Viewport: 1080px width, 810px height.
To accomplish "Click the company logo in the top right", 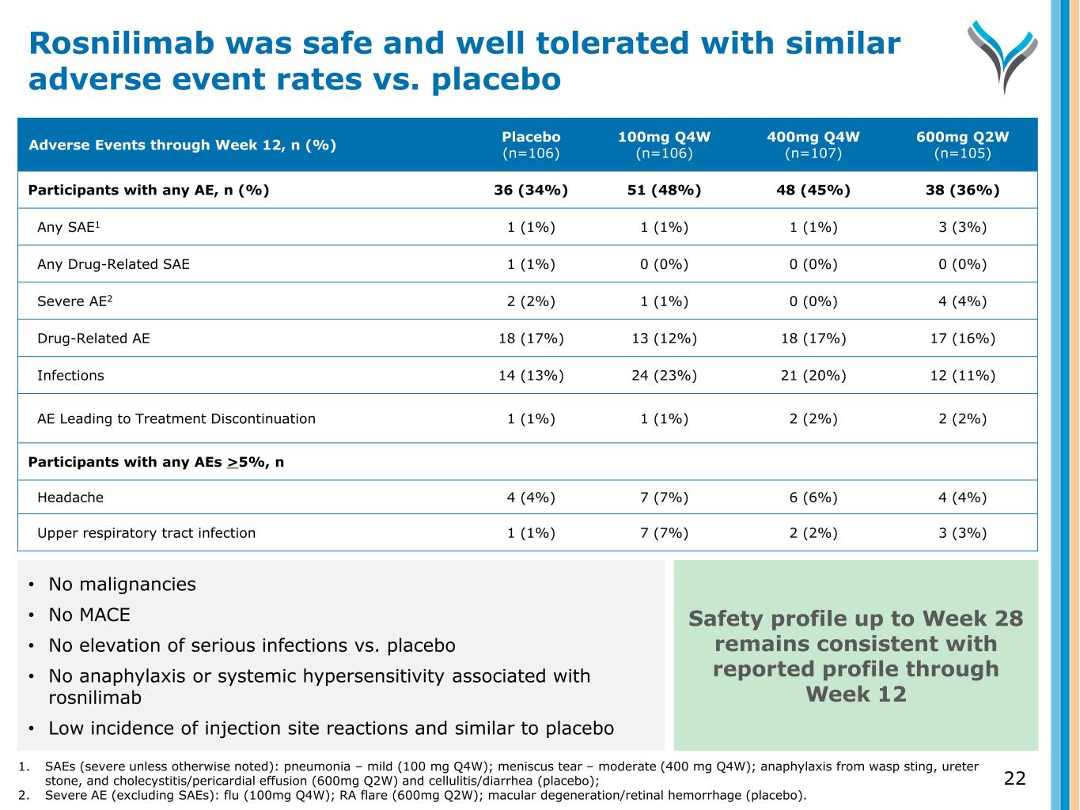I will (1001, 55).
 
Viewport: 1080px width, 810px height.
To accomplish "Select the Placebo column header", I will (531, 145).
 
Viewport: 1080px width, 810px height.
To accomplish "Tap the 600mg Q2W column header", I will (962, 145).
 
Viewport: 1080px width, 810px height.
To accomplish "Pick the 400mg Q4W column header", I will (813, 145).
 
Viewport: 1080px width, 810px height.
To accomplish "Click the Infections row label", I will (70, 376).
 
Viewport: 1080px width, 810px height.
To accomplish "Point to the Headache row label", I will (70, 498).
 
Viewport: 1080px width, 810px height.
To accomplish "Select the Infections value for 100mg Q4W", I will (664, 376).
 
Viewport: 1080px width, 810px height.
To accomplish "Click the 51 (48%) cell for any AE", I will (664, 191).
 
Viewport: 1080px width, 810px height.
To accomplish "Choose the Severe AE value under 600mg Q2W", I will (962, 301).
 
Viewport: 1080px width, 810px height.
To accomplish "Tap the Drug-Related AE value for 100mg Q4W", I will (664, 339).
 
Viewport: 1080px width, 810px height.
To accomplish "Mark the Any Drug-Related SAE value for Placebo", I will (531, 264).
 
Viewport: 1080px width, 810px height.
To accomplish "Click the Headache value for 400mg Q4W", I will (813, 498).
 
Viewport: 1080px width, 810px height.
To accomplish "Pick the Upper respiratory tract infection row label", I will (146, 533).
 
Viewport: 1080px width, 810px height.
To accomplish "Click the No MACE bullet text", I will (89, 615).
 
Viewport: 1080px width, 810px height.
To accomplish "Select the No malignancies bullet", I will (122, 585).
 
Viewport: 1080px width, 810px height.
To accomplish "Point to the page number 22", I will (1014, 778).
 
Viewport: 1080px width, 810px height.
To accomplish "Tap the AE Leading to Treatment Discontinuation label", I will (176, 418).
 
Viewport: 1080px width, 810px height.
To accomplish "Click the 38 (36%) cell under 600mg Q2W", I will (962, 191).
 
